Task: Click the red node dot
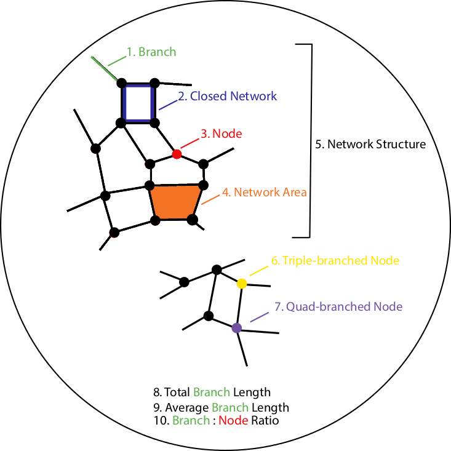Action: coord(177,154)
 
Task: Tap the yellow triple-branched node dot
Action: coord(242,284)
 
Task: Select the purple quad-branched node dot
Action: coord(237,328)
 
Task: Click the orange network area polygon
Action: coord(175,202)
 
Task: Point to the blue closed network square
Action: coord(124,103)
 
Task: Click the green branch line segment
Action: coord(105,69)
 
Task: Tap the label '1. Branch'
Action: coord(151,52)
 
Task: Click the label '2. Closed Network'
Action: coord(228,96)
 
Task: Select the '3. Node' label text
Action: coord(221,134)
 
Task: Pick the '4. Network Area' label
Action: coord(265,192)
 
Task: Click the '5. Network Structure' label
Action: coord(370,144)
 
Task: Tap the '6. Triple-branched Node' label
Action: coord(335,261)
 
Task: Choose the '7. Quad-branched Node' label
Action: coord(338,306)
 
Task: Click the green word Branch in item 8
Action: coord(212,392)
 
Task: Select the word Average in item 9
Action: coord(187,407)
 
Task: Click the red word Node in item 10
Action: coord(233,420)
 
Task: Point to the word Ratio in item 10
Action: coord(265,420)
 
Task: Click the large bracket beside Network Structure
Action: coord(311,141)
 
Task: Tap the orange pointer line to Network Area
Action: coord(210,199)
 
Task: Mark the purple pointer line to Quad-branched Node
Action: coord(260,317)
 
